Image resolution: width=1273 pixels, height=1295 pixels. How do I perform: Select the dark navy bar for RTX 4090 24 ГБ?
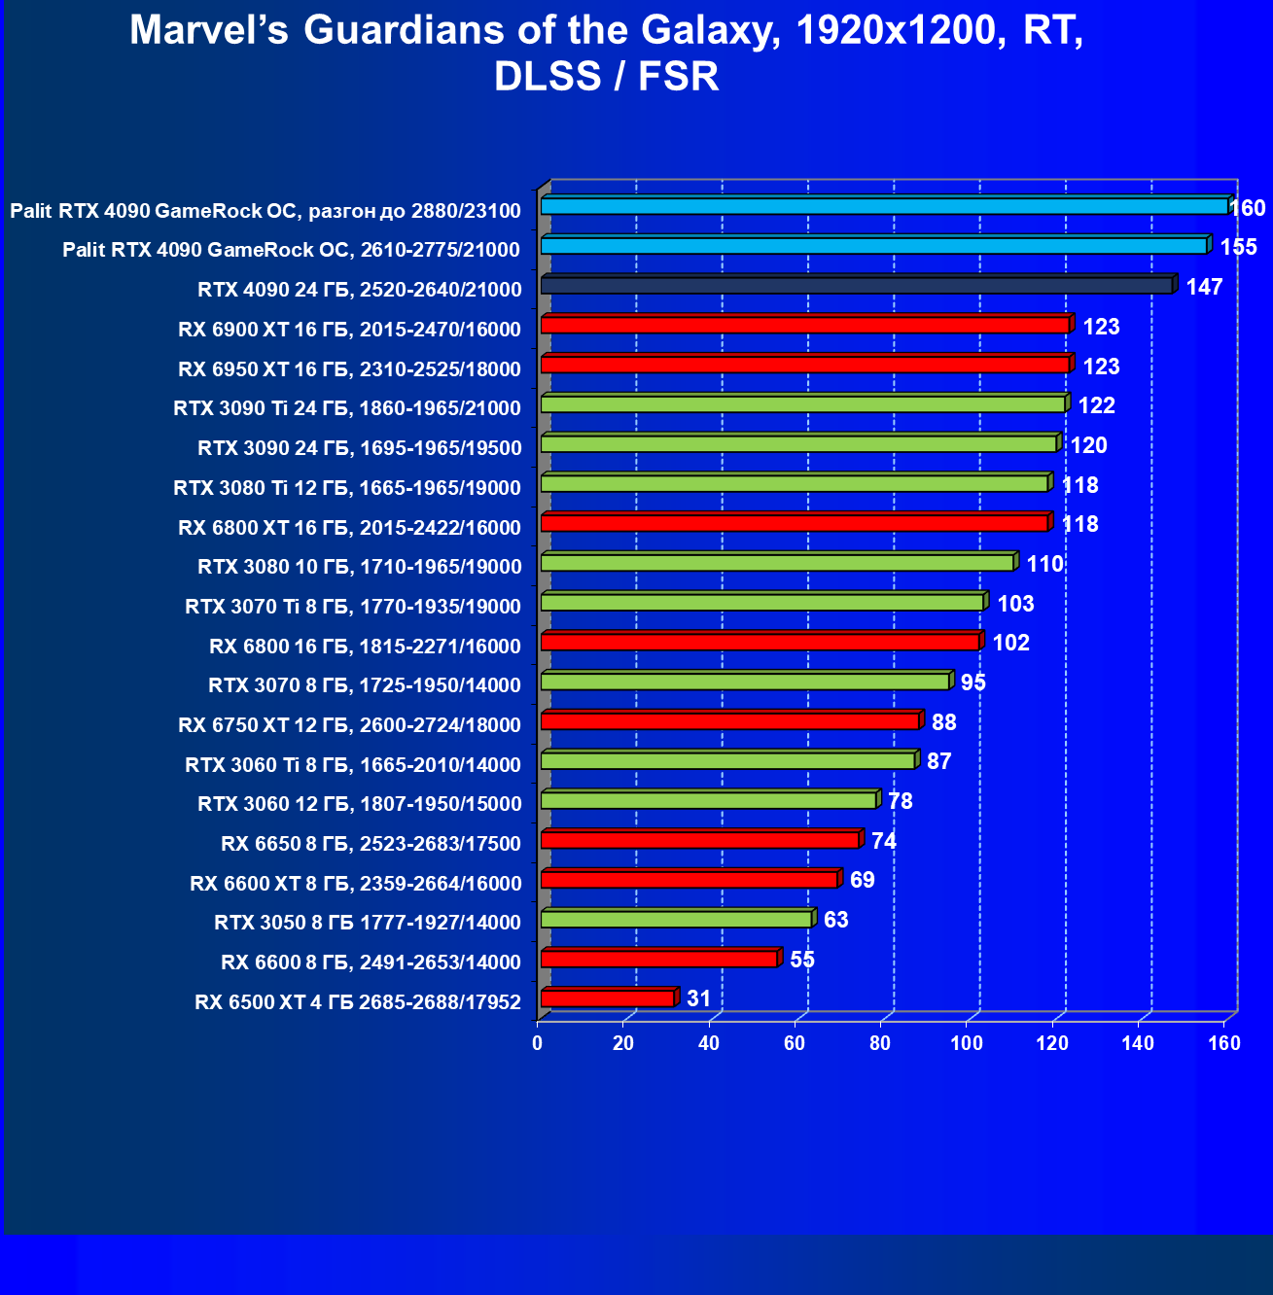pyautogui.click(x=856, y=286)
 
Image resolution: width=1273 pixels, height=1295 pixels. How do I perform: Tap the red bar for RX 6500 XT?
pyautogui.click(x=607, y=998)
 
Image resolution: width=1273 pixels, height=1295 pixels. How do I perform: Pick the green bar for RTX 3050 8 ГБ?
pyautogui.click(x=676, y=920)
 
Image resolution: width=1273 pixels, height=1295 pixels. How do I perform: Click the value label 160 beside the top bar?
pyautogui.click(x=1249, y=208)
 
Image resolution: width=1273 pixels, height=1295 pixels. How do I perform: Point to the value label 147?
pyautogui.click(x=1204, y=287)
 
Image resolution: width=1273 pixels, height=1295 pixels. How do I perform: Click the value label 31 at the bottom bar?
pyautogui.click(x=698, y=998)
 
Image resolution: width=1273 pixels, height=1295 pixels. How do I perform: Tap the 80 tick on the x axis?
pyautogui.click(x=880, y=1044)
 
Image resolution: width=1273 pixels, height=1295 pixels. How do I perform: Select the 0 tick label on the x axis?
pyautogui.click(x=538, y=1044)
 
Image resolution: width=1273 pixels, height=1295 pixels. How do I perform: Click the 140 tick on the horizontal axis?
pyautogui.click(x=1138, y=1044)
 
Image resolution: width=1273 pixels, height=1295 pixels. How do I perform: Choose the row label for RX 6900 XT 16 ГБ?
pyautogui.click(x=349, y=330)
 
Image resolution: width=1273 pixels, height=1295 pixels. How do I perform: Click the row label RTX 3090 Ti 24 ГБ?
pyautogui.click(x=347, y=408)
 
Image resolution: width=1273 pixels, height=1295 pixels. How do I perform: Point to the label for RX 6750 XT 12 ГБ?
pyautogui.click(x=349, y=725)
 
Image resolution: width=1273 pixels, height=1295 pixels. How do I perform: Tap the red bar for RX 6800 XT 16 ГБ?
pyautogui.click(x=794, y=523)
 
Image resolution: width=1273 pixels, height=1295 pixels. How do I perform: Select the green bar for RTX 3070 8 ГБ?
pyautogui.click(x=745, y=682)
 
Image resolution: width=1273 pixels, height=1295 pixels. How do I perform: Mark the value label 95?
pyautogui.click(x=972, y=682)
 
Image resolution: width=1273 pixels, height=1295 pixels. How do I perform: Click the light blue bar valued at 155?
pyautogui.click(x=873, y=246)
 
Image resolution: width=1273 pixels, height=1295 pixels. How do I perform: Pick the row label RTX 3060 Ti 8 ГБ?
pyautogui.click(x=353, y=765)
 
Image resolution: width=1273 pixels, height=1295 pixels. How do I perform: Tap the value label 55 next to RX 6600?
pyautogui.click(x=802, y=960)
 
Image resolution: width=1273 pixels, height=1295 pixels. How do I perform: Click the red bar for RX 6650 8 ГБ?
pyautogui.click(x=700, y=840)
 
